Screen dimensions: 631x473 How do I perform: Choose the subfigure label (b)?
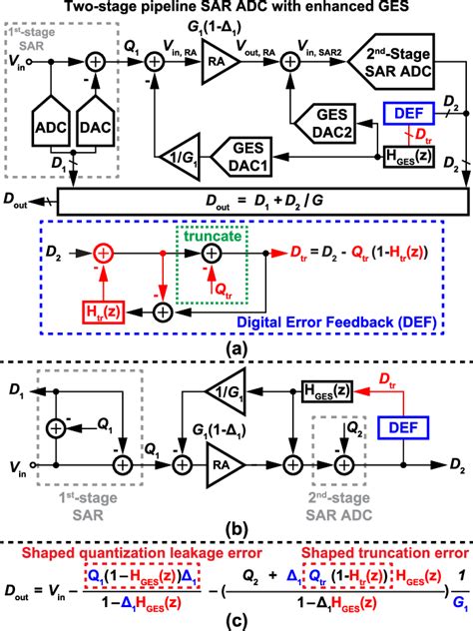click(236, 529)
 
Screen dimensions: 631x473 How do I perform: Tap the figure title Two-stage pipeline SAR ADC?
click(236, 8)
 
